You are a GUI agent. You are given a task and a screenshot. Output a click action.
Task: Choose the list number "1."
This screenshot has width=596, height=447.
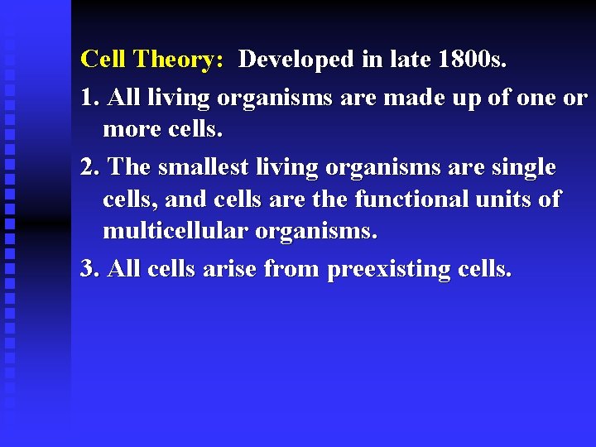click(91, 98)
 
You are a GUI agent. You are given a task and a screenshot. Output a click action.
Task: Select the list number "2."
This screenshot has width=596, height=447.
click(91, 166)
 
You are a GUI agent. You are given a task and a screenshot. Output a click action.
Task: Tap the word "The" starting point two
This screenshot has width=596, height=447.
click(129, 166)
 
